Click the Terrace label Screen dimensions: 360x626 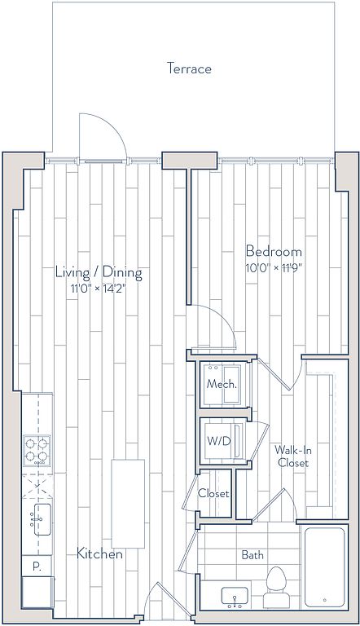189,68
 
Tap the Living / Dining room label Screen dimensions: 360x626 99,272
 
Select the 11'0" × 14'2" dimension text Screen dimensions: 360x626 99,289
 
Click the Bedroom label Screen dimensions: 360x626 274,252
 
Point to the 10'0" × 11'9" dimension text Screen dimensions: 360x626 274,267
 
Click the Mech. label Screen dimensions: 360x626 222,385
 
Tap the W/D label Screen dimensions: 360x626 219,441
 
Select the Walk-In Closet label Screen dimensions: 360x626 293,456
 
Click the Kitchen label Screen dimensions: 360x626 99,553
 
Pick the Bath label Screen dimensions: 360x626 252,554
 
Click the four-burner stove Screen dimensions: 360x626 37,450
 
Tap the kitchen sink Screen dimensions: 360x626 42,519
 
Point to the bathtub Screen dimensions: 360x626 324,567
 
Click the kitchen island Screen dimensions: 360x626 128,504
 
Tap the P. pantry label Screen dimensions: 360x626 37,567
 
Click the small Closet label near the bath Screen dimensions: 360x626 213,493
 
